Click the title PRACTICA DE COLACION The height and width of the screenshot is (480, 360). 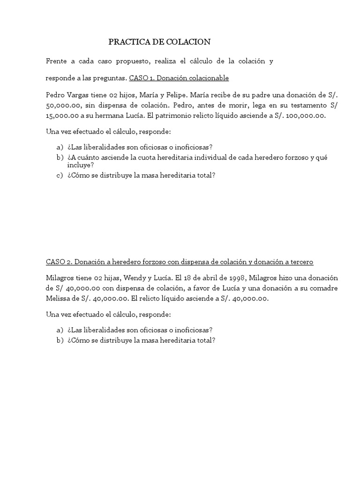click(x=159, y=42)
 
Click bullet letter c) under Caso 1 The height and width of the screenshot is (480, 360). click(x=59, y=175)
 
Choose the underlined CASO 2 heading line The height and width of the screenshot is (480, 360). click(x=180, y=262)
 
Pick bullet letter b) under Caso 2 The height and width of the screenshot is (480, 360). click(x=60, y=341)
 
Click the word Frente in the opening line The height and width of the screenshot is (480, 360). click(x=57, y=61)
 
